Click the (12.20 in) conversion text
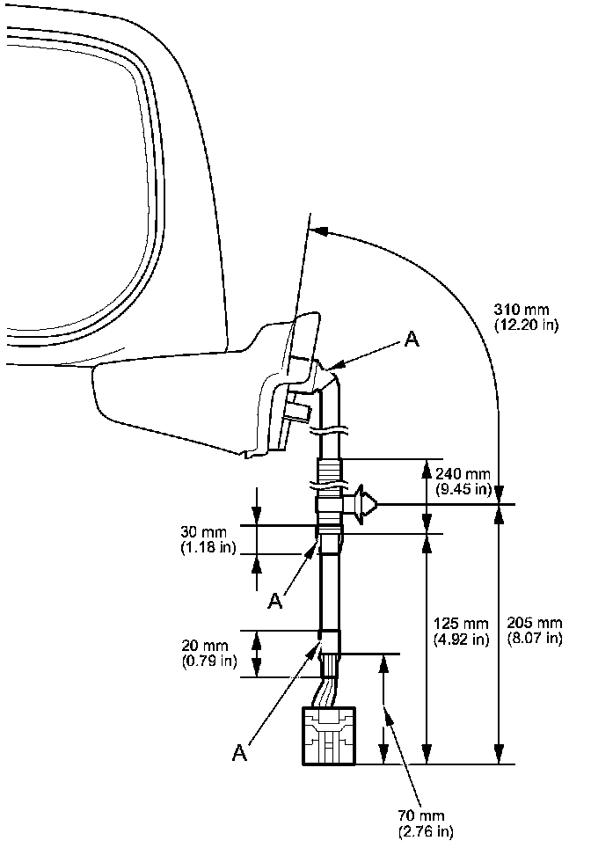(525, 325)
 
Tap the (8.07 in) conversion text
(535, 639)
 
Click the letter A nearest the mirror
(410, 340)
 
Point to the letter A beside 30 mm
(275, 600)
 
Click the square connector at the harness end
(329, 735)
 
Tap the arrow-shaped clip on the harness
(362, 504)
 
